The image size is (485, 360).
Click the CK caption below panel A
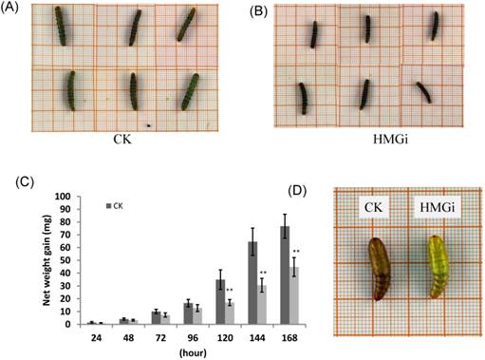pos(120,151)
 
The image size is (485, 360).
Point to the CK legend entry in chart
pos(119,205)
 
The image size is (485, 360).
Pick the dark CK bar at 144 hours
pos(253,283)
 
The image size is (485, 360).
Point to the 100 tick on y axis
pos(62,197)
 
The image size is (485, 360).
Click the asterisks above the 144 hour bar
pos(263,274)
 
